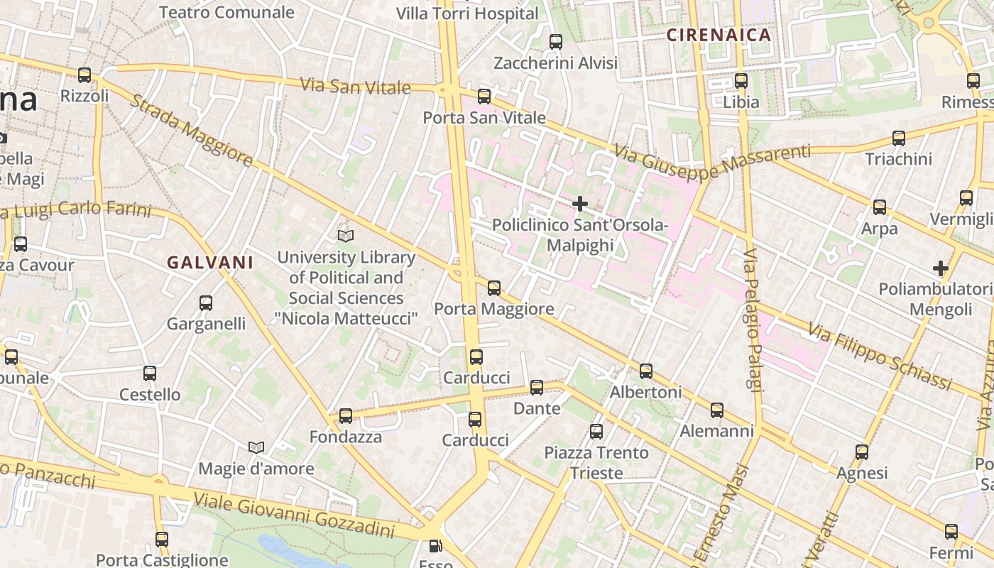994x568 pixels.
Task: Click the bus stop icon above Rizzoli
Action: pyautogui.click(x=84, y=75)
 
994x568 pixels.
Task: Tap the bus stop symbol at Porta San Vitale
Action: pyautogui.click(x=484, y=96)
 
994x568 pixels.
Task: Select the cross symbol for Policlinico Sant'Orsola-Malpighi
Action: pyautogui.click(x=580, y=204)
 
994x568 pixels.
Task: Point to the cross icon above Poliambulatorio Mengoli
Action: pyautogui.click(x=941, y=268)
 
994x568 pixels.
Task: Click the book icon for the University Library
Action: pyautogui.click(x=346, y=236)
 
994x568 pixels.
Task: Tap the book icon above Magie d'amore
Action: pyautogui.click(x=256, y=447)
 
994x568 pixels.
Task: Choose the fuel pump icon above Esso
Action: pyautogui.click(x=435, y=546)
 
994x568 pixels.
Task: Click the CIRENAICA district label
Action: pyautogui.click(x=719, y=35)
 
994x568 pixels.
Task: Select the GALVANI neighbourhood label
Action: pyautogui.click(x=210, y=262)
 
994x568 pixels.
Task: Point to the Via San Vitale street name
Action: pyautogui.click(x=355, y=87)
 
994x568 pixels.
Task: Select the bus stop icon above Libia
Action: pyautogui.click(x=741, y=81)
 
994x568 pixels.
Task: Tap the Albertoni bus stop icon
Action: pyautogui.click(x=646, y=371)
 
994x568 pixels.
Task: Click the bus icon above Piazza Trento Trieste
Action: pyautogui.click(x=596, y=431)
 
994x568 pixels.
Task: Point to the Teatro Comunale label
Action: pyautogui.click(x=226, y=12)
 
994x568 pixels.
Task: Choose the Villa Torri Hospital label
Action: pyautogui.click(x=467, y=13)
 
